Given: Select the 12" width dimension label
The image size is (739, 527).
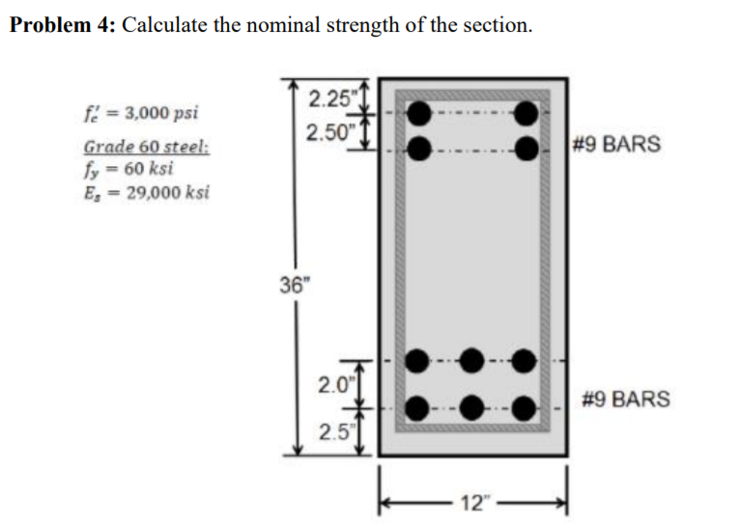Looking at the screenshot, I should [x=474, y=502].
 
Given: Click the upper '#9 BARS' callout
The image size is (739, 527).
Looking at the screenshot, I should [x=616, y=145].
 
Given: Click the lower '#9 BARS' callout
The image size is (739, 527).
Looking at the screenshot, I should [x=626, y=399].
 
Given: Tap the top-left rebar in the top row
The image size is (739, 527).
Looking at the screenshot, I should [x=418, y=114].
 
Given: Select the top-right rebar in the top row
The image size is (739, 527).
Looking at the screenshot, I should [x=526, y=114].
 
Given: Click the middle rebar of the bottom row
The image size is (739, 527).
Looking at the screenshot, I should [x=471, y=407].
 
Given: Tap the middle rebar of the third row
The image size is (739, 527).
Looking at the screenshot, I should [x=471, y=361].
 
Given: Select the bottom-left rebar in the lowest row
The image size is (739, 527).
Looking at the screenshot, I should [x=417, y=407].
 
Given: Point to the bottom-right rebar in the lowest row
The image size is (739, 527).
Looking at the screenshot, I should [x=525, y=407].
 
